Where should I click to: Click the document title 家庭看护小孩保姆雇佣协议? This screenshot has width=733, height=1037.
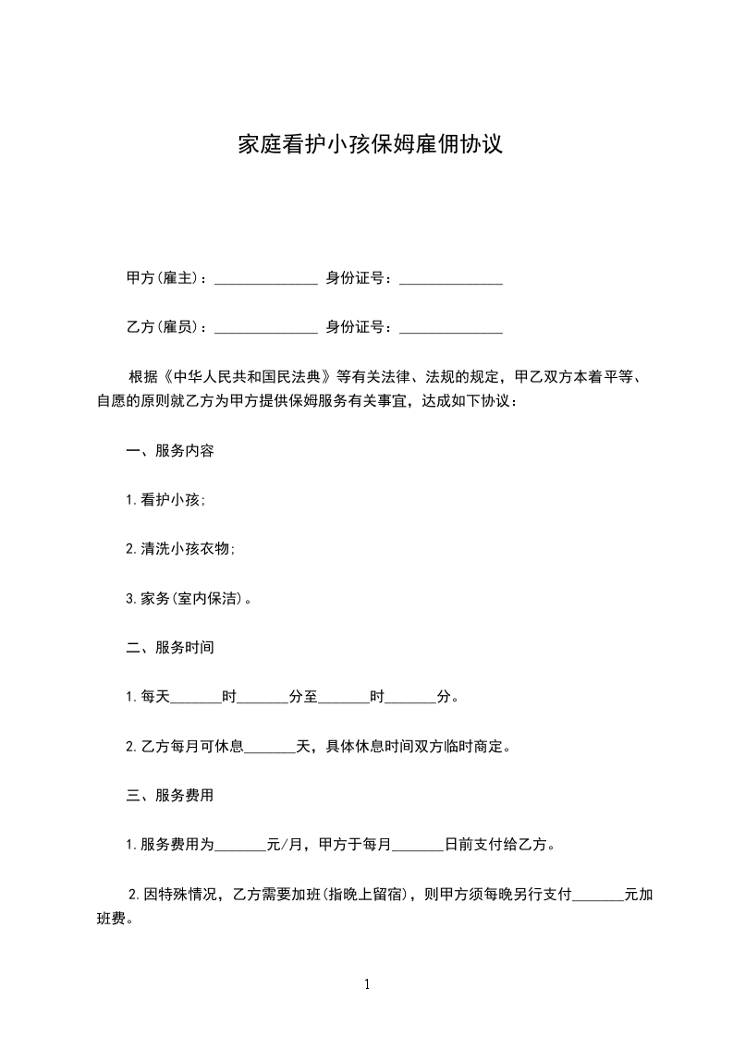[x=370, y=144]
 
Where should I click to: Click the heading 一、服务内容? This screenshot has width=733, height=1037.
[x=171, y=451]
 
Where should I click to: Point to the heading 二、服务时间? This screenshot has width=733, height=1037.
[x=171, y=647]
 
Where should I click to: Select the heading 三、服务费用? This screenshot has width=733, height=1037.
[x=171, y=795]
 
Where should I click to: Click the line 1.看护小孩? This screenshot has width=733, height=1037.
[x=166, y=500]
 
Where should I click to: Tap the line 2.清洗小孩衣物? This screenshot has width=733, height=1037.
[x=181, y=549]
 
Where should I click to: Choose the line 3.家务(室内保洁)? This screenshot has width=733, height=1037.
[x=189, y=598]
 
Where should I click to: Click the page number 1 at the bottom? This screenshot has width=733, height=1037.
[x=367, y=985]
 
